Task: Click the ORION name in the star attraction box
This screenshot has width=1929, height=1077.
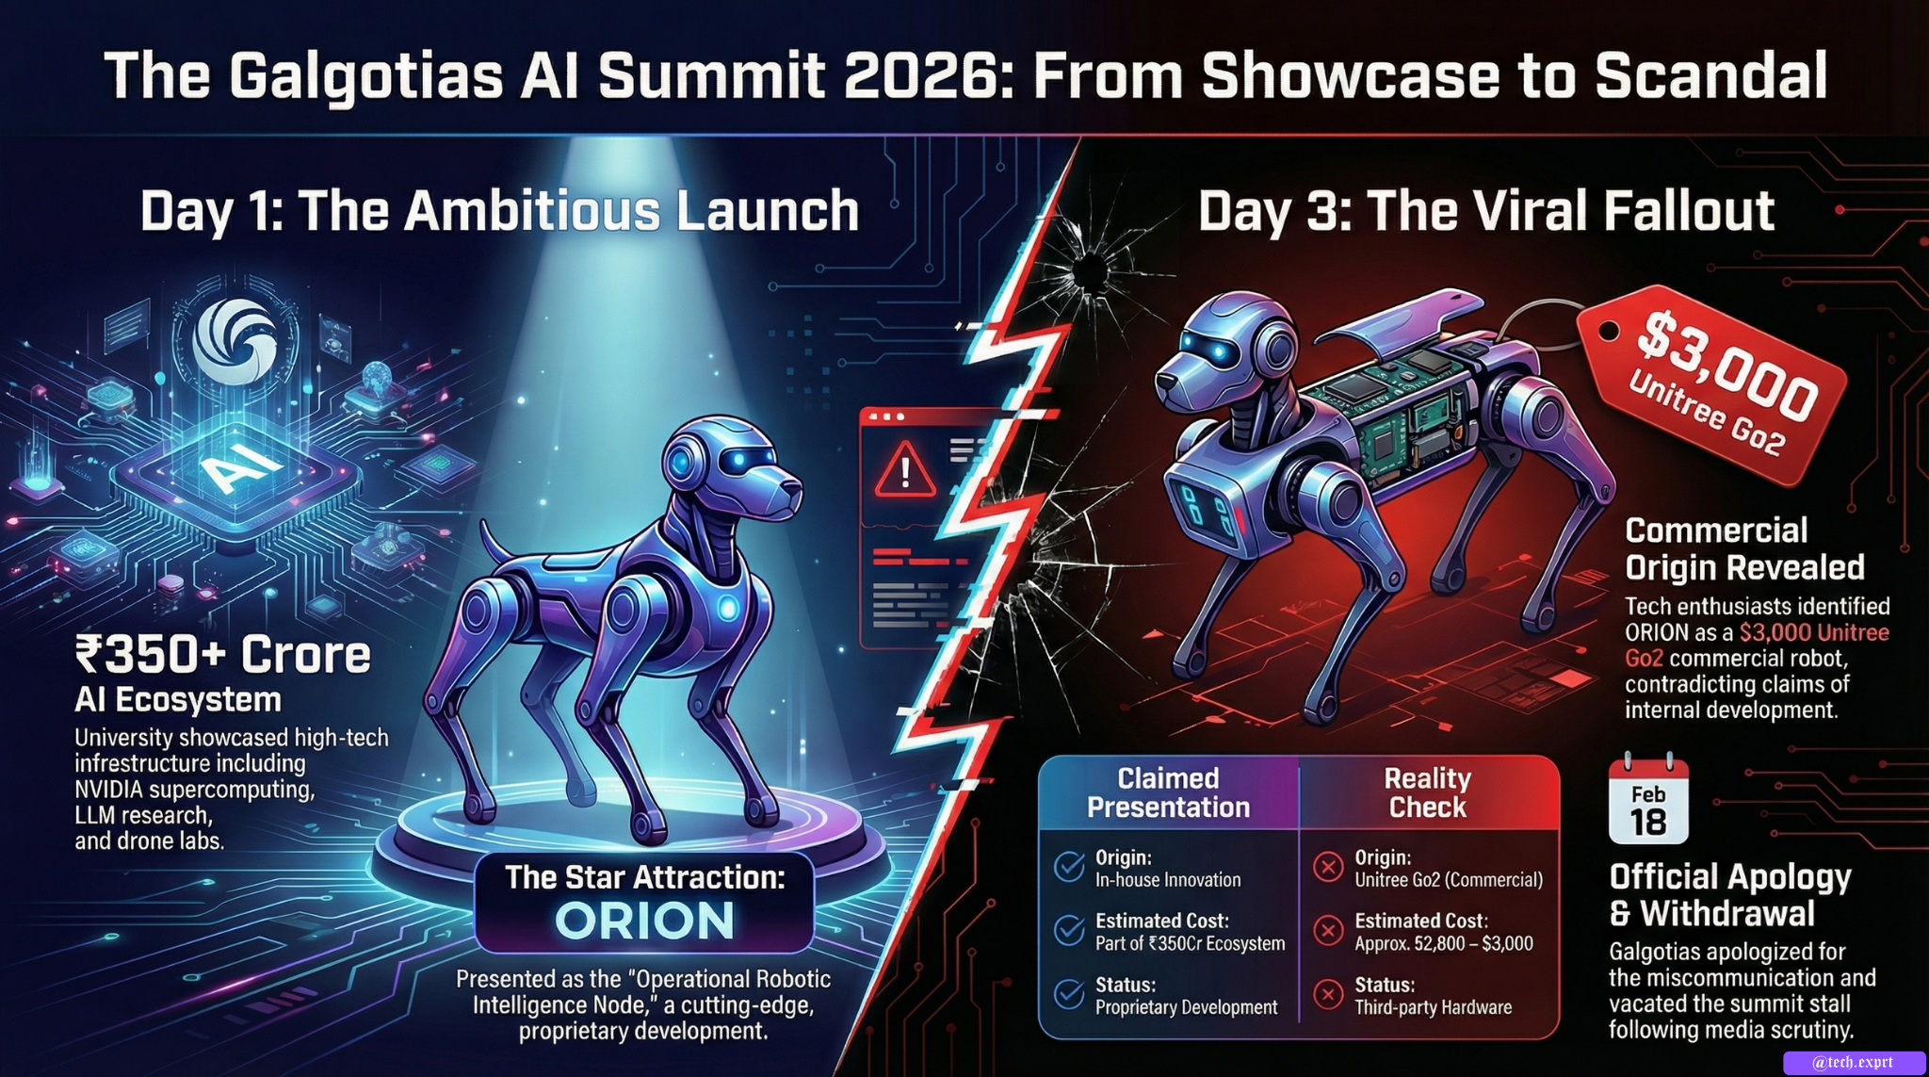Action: coord(644,921)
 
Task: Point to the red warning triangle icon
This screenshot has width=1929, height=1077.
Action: coord(905,468)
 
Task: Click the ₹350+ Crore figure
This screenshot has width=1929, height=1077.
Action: coord(223,654)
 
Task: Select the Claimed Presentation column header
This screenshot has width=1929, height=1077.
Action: coord(1168,792)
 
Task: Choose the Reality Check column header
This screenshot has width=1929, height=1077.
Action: coord(1427,792)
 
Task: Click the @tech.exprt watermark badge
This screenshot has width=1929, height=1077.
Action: coord(1854,1063)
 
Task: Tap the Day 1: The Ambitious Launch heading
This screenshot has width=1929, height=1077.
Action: coord(499,210)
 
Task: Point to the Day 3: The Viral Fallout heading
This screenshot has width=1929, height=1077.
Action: coord(1486,210)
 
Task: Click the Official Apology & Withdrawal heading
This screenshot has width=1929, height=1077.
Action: coord(1730,895)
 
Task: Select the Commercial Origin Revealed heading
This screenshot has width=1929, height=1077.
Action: coord(1744,548)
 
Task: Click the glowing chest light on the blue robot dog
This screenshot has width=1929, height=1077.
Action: coord(728,608)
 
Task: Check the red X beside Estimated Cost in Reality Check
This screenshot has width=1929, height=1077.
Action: coord(1328,930)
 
